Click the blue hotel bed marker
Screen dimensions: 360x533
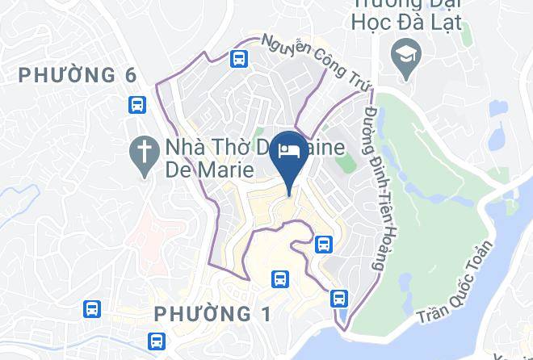[289, 150]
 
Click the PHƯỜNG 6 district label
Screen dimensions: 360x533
[78, 75]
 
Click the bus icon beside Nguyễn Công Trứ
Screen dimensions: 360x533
[238, 58]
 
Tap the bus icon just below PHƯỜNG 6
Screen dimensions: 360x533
[136, 104]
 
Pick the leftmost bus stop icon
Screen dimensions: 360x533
[91, 308]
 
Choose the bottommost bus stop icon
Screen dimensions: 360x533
[156, 341]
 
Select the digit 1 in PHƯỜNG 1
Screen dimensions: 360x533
[265, 313]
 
